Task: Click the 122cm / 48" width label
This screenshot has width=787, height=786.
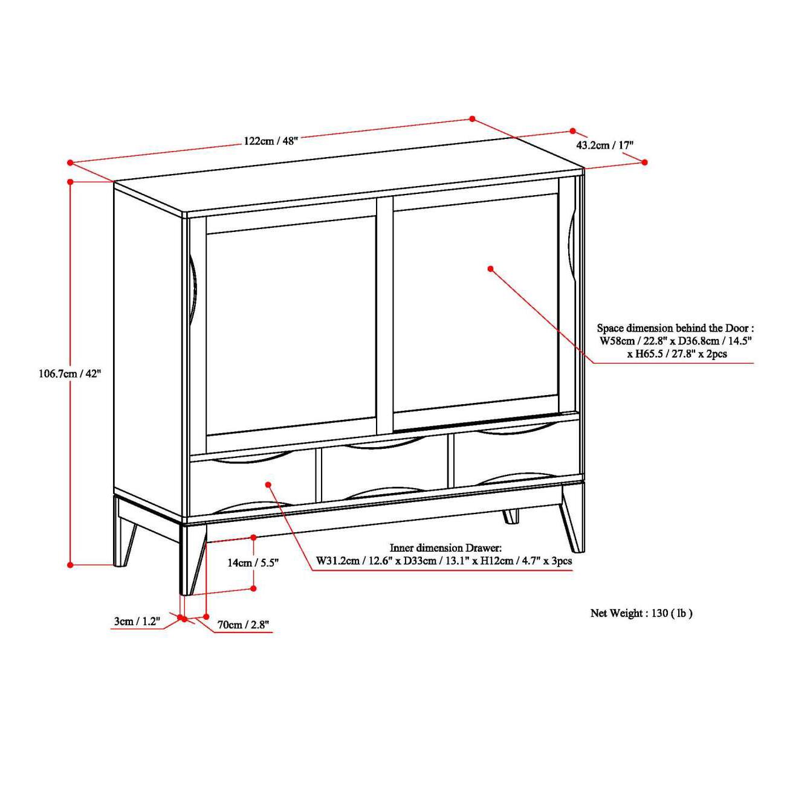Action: coord(271,141)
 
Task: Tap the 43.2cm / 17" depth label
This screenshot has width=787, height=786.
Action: coord(604,145)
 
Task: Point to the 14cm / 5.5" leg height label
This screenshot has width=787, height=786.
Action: coord(253,562)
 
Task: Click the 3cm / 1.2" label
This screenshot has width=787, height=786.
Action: coord(137,621)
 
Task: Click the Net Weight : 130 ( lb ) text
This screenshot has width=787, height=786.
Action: coord(641,613)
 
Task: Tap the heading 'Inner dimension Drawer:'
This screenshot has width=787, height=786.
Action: coord(445,548)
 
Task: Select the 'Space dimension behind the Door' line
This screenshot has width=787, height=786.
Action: coord(675,328)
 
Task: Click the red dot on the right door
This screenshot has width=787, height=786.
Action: coord(491,268)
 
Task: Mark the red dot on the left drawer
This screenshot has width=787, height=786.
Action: coord(268,484)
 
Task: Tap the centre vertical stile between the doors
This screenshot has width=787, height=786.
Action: coord(384,314)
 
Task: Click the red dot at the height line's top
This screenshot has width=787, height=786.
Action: coord(71,181)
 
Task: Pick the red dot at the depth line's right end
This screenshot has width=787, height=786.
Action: coord(644,162)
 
